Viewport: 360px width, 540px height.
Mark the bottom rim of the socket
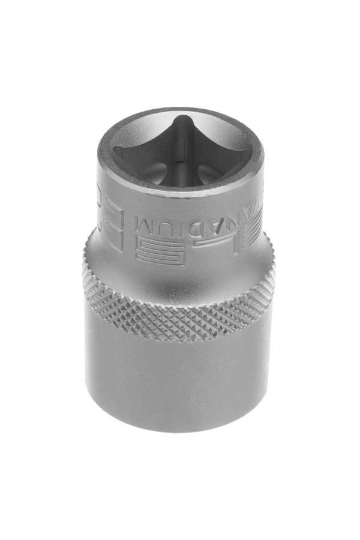(180, 427)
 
